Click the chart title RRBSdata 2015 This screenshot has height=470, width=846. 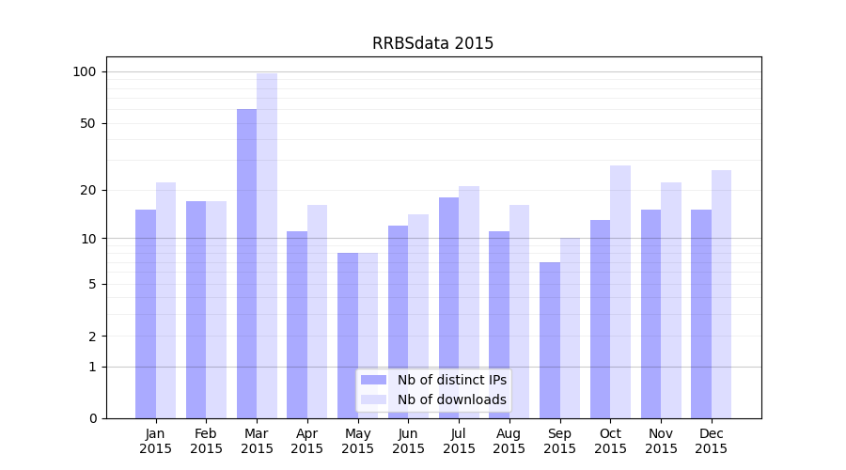432,43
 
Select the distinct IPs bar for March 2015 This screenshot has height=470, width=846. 246,263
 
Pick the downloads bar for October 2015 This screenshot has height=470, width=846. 620,291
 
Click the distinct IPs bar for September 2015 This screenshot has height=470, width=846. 550,340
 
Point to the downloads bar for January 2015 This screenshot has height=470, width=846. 166,301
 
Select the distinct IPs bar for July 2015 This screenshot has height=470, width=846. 448,307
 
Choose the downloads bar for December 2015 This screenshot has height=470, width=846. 721,293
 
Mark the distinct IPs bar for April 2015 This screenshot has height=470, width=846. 297,324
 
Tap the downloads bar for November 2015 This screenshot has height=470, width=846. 671,301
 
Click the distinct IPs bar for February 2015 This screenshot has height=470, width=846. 196,310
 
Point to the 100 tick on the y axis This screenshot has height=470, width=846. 85,71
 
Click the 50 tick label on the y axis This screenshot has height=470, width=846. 88,123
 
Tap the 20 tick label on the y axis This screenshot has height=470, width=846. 88,190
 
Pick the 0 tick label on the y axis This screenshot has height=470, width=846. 92,418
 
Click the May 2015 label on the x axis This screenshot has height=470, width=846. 358,441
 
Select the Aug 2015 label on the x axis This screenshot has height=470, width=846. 509,441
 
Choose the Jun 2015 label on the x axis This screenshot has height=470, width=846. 408,441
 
